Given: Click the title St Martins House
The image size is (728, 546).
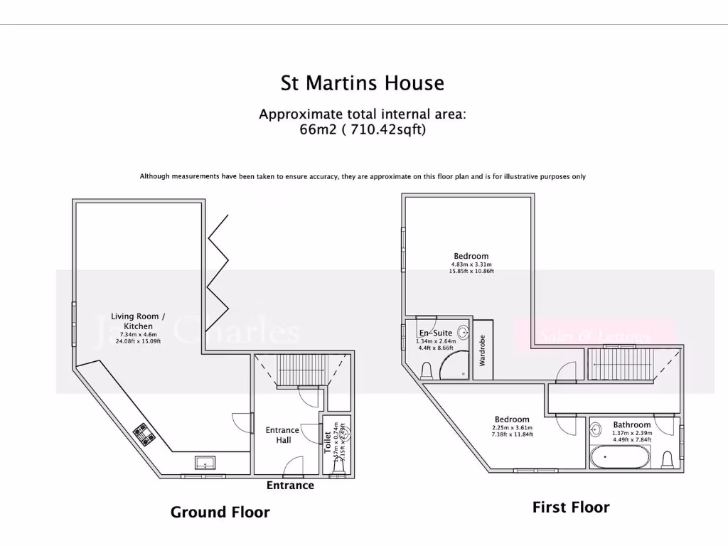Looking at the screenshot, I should pos(363,83).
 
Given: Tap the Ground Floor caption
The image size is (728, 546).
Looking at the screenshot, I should pos(220,512).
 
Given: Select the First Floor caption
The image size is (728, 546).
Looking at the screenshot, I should pos(571,507).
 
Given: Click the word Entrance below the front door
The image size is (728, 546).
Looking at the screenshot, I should pos(290,486).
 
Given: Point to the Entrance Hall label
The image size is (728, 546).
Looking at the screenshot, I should pos(282,435).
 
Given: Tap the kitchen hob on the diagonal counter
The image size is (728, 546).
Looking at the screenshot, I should pos(146,434).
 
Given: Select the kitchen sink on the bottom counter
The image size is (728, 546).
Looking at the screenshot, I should pos(205,463).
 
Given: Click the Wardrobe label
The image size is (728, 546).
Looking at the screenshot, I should pos(482,350).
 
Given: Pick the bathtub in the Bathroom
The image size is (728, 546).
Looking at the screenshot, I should pos(619,457).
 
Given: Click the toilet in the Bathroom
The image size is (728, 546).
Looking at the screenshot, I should pos(668,459).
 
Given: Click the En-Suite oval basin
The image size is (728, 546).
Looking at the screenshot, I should pos(463,331).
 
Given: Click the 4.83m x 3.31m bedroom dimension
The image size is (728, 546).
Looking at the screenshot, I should pos(471,264).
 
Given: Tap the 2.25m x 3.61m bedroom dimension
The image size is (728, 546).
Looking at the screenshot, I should pos(512,428).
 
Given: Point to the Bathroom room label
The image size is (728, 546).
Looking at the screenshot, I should pos(632,425).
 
